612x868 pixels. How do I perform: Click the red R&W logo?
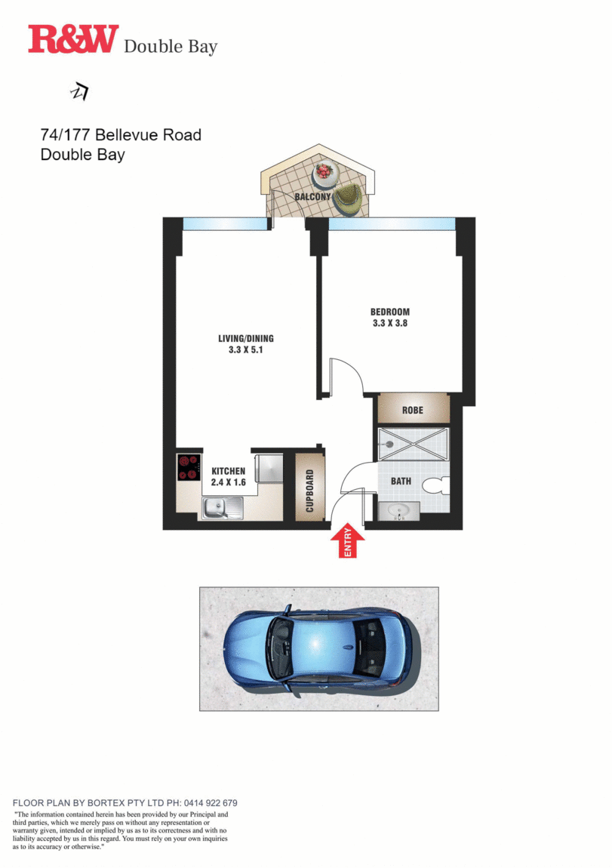point(74,38)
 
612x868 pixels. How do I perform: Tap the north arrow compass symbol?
point(80,91)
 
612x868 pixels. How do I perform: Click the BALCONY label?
point(312,196)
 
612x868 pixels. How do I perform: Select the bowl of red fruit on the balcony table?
point(324,171)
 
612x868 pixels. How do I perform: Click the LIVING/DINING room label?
point(246,338)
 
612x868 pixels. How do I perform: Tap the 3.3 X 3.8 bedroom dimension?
point(390,323)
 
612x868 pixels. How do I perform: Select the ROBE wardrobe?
point(413,410)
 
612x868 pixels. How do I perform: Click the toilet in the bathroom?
point(436,486)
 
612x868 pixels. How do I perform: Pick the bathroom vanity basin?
point(398,510)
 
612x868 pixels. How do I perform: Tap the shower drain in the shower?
point(389,444)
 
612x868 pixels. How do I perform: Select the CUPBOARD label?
point(309,491)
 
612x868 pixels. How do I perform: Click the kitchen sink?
point(223,508)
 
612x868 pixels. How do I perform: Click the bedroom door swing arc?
point(355,368)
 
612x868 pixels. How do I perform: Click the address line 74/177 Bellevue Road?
point(121,135)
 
